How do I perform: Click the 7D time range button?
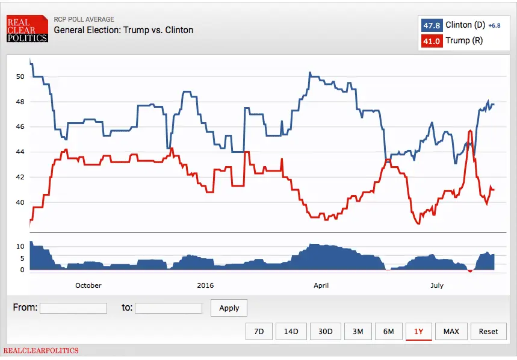pos(259,331)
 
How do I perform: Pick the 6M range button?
pos(388,331)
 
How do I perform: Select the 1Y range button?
pos(418,331)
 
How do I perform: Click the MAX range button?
pos(451,331)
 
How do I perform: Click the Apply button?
pos(229,308)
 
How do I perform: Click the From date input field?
pos(73,308)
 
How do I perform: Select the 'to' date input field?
pos(168,308)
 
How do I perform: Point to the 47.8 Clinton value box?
pos(432,25)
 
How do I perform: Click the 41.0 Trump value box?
pos(432,41)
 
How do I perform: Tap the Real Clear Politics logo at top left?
pos(26,29)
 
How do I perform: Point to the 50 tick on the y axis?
pos(20,76)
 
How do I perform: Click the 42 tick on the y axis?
pos(20,177)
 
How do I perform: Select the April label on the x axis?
pos(321,285)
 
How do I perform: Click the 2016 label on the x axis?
pos(205,285)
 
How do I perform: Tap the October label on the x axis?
pos(88,285)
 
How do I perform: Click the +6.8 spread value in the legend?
pos(494,25)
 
